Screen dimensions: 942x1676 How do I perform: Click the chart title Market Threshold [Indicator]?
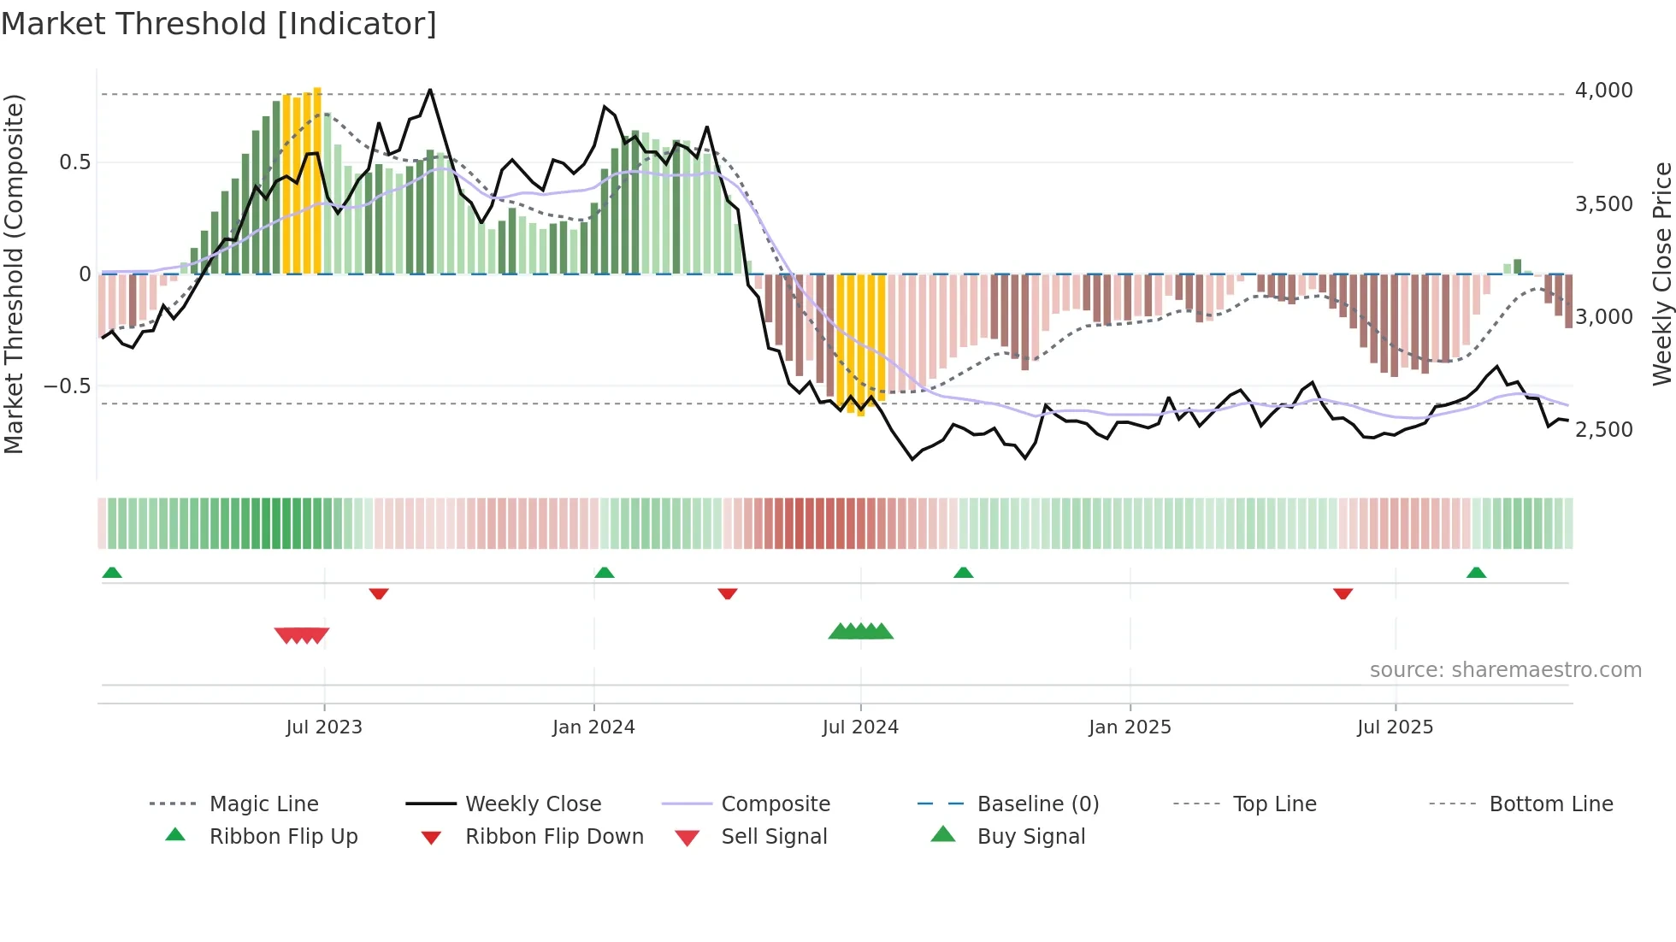click(x=219, y=24)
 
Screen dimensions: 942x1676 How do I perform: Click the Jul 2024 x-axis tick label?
click(x=860, y=727)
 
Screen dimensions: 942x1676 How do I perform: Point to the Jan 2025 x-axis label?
click(x=1130, y=727)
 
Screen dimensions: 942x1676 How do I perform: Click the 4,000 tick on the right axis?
click(x=1603, y=91)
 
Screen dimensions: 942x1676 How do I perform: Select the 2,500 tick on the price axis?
click(x=1603, y=430)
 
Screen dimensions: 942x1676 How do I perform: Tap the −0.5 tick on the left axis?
click(x=67, y=386)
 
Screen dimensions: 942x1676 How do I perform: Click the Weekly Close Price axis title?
click(x=1661, y=274)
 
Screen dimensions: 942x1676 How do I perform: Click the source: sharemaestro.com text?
click(x=1505, y=669)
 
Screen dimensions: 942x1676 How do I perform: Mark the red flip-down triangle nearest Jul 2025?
click(x=1343, y=593)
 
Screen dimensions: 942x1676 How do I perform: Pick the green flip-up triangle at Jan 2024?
click(x=605, y=572)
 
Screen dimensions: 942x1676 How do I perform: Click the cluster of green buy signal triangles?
click(x=861, y=632)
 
